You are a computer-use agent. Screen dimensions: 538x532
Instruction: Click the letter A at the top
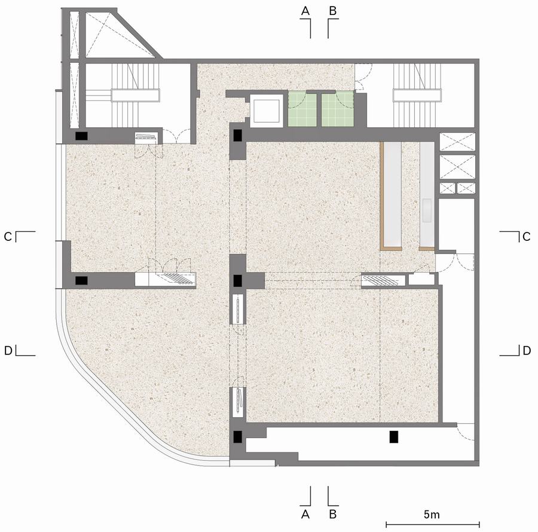click(305, 11)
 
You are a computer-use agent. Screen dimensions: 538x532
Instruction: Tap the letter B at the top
click(332, 11)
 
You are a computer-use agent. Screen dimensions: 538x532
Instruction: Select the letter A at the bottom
click(305, 515)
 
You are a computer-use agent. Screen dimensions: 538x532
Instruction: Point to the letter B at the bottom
click(332, 515)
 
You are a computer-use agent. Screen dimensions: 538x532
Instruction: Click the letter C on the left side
click(8, 237)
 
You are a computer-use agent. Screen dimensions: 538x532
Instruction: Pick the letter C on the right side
click(526, 237)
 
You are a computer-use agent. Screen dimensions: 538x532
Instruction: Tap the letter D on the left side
click(8, 350)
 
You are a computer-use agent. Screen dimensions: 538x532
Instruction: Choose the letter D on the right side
click(526, 350)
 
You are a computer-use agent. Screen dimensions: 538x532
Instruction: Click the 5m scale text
click(432, 515)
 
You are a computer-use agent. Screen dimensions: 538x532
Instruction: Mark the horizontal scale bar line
click(433, 524)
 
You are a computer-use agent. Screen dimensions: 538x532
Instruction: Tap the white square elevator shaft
click(267, 111)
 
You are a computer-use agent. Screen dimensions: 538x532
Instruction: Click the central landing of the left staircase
click(135, 95)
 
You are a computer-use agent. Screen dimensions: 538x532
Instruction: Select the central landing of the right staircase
click(417, 95)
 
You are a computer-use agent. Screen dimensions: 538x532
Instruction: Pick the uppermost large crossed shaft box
click(458, 142)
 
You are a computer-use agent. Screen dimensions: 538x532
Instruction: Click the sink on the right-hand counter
click(427, 210)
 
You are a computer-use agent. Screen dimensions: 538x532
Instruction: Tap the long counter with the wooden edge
click(392, 195)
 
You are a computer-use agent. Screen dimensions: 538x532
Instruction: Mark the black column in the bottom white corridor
click(393, 436)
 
